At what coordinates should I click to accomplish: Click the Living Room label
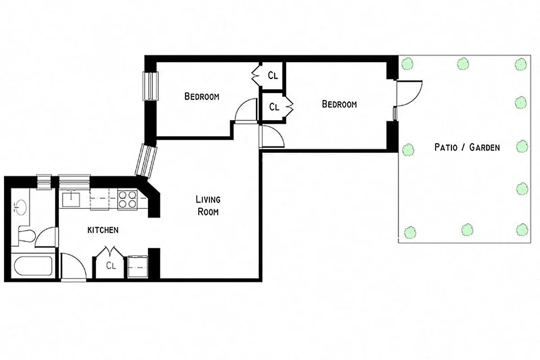[x=208, y=205]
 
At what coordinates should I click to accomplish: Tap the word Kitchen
[x=103, y=230]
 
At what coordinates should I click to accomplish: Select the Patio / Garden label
[x=467, y=147]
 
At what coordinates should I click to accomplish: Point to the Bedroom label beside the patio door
[x=339, y=104]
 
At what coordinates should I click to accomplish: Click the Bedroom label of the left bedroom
[x=202, y=96]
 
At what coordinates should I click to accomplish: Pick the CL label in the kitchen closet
[x=111, y=265]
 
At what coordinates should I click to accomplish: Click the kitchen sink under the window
[x=71, y=198]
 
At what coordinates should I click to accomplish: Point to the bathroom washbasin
[x=20, y=207]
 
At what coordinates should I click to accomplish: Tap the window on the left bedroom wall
[x=150, y=86]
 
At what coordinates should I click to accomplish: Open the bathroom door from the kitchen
[x=48, y=237]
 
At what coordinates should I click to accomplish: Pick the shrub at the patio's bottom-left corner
[x=409, y=232]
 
